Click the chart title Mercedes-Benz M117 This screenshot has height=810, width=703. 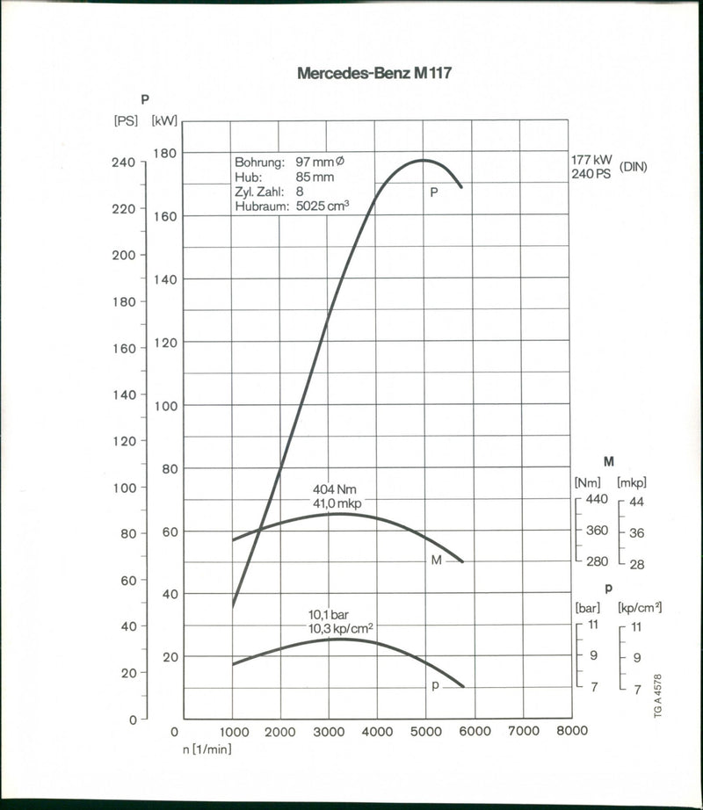[x=374, y=74]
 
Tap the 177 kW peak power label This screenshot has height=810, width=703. [x=591, y=160]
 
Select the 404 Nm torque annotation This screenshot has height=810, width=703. [x=335, y=489]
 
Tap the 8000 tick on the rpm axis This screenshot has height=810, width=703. [x=572, y=731]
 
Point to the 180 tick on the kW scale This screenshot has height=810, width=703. [x=165, y=153]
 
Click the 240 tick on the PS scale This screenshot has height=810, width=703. [x=123, y=163]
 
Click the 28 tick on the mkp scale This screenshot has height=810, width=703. [x=637, y=564]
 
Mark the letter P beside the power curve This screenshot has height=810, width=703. [x=433, y=191]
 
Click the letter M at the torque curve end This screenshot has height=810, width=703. [x=436, y=560]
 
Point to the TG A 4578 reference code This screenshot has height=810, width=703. [x=658, y=698]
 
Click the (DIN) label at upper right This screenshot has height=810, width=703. [x=633, y=166]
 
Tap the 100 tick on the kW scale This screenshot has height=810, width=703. [x=165, y=406]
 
